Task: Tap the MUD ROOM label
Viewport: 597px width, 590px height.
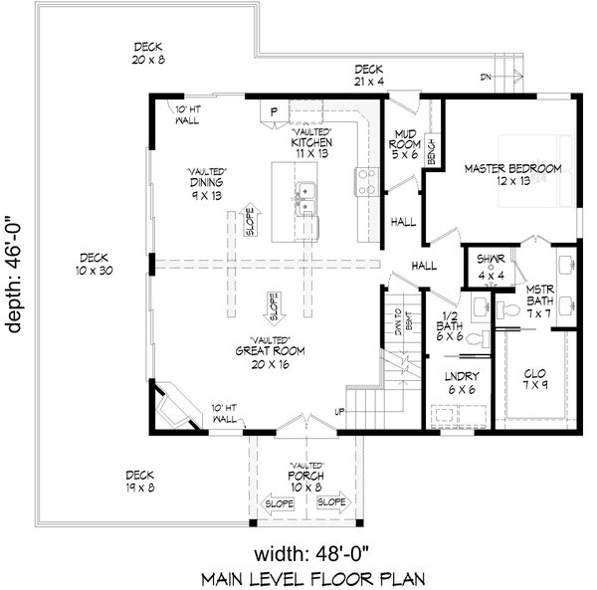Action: tap(403, 141)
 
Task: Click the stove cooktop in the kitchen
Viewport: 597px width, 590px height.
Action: tap(365, 179)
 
